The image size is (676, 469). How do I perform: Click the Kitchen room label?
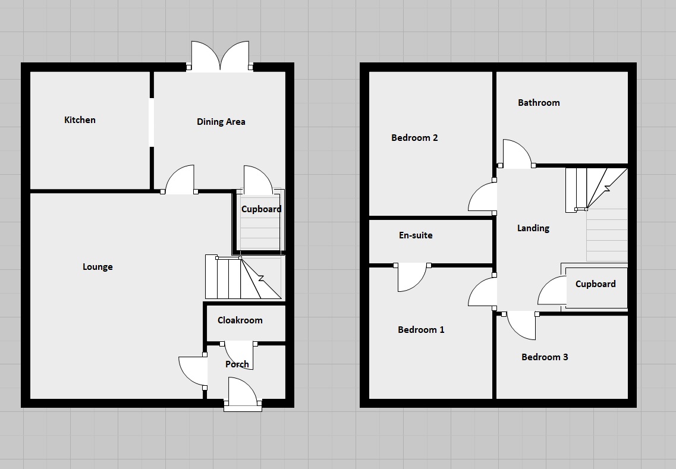tap(80, 120)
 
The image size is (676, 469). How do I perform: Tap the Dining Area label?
tap(221, 122)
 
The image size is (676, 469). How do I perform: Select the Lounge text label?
tap(98, 267)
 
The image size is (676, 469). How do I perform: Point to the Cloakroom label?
tap(240, 320)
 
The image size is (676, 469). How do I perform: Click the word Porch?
tap(237, 364)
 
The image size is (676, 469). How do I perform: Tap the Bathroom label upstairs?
tap(539, 103)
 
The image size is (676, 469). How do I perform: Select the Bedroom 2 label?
tap(414, 138)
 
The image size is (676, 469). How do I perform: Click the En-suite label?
tap(415, 235)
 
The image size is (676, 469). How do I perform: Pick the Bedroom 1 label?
tap(421, 330)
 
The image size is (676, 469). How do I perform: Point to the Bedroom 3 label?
tap(545, 357)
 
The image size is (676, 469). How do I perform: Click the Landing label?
tap(533, 228)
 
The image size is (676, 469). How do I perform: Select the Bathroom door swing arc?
tap(516, 153)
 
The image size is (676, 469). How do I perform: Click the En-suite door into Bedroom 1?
tap(411, 276)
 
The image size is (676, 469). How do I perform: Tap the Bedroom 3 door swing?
tap(521, 325)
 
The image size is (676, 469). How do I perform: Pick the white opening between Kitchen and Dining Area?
tap(152, 122)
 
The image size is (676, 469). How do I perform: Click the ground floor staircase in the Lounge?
tap(242, 278)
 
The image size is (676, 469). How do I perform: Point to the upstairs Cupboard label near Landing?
tap(595, 284)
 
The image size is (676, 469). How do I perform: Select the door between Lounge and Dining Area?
tap(180, 181)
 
